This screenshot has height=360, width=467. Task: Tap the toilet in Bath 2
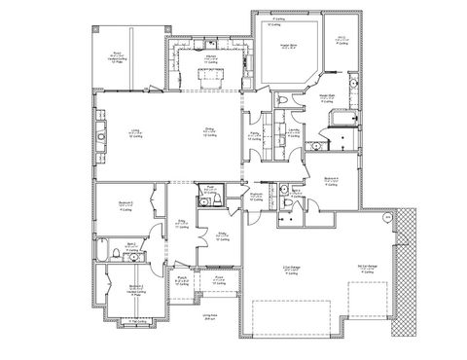[116, 255]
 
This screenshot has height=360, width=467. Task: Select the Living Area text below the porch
[208, 317]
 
